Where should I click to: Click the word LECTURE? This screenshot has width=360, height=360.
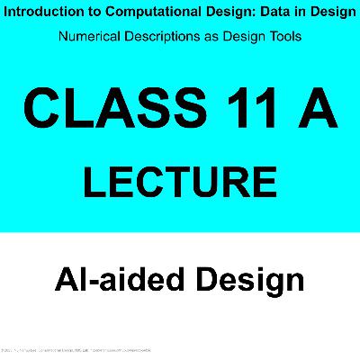tap(180, 179)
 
